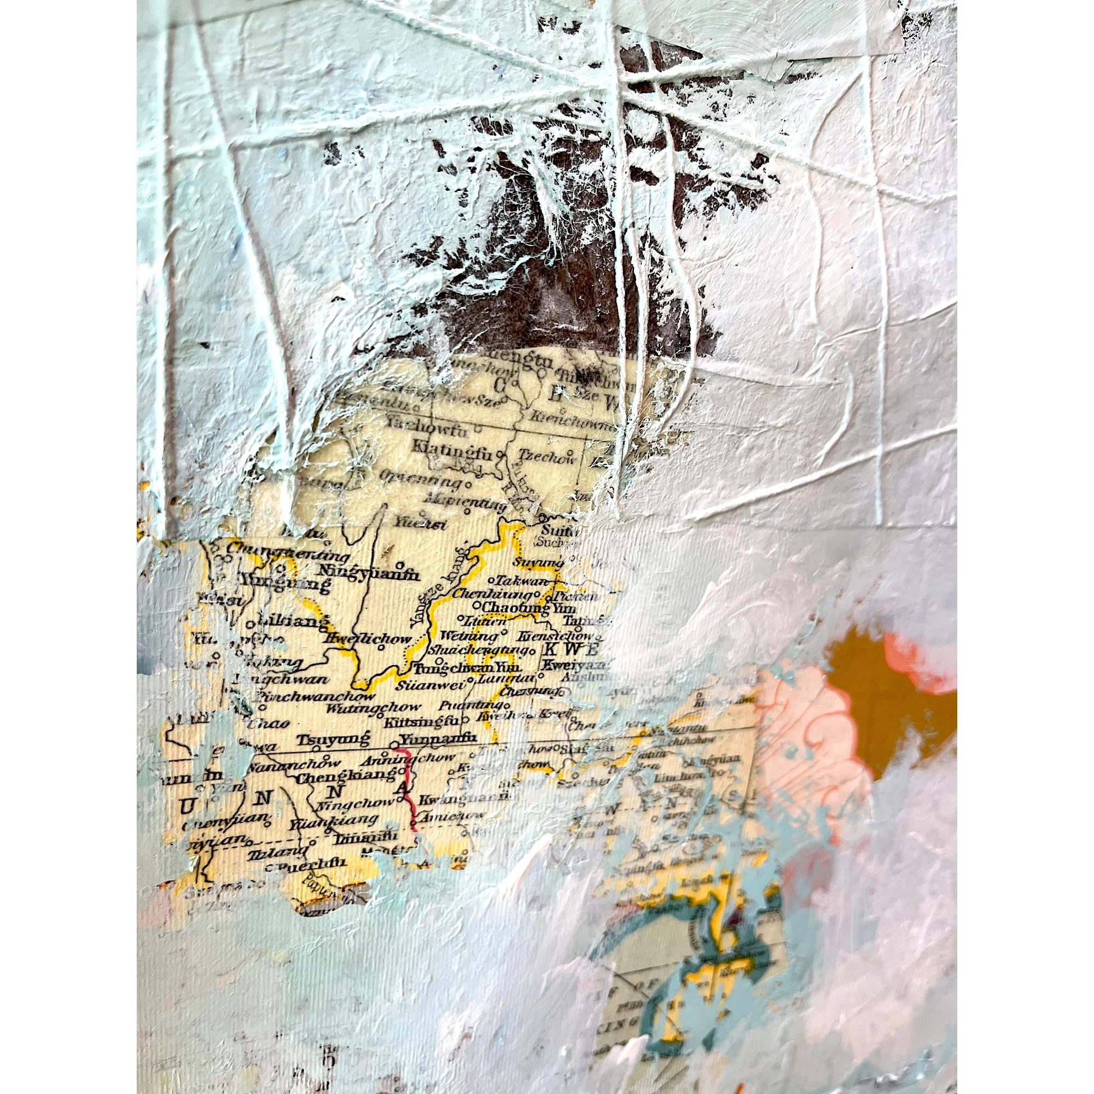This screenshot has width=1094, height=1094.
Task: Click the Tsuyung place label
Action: tap(334, 740)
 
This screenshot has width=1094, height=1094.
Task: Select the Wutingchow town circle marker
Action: tap(263, 707)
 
